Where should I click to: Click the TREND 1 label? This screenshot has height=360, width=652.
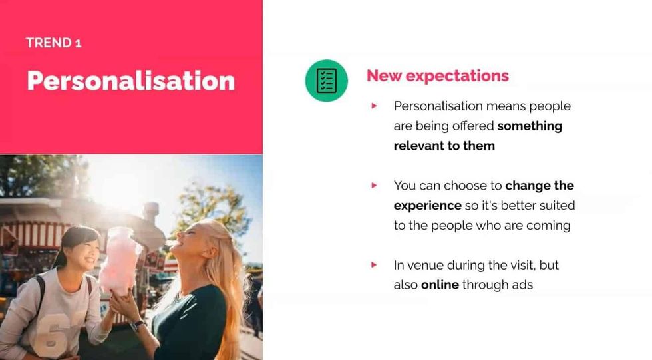pyautogui.click(x=53, y=43)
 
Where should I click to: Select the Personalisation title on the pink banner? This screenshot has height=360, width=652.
pyautogui.click(x=130, y=81)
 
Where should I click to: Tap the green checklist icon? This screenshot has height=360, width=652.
pyautogui.click(x=326, y=81)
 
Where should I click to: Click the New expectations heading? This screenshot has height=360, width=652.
pyautogui.click(x=437, y=76)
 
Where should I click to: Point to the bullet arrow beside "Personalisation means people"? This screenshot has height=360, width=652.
pyautogui.click(x=375, y=106)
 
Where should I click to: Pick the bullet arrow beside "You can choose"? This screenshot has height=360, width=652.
pyautogui.click(x=375, y=186)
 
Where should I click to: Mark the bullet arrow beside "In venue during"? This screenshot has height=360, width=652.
pyautogui.click(x=375, y=265)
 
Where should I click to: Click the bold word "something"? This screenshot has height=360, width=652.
pyautogui.click(x=530, y=126)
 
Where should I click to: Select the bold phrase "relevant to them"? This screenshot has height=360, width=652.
pyautogui.click(x=444, y=146)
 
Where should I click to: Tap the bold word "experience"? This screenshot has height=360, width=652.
pyautogui.click(x=427, y=205)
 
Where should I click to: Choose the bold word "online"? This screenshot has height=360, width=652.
pyautogui.click(x=440, y=285)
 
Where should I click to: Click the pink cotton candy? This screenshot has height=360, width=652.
pyautogui.click(x=120, y=260)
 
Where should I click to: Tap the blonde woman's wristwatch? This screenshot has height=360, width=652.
pyautogui.click(x=137, y=325)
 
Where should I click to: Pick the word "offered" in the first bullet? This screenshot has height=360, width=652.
pyautogui.click(x=473, y=126)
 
